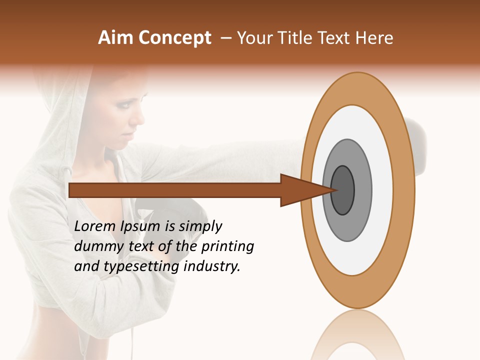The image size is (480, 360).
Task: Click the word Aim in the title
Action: pyautogui.click(x=116, y=38)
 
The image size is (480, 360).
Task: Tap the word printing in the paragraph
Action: pyautogui.click(x=227, y=246)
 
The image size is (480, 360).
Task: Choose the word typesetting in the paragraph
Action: pyautogui.click(x=142, y=266)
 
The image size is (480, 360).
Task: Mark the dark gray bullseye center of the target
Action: pyautogui.click(x=342, y=190)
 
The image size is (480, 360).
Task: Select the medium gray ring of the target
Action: pyautogui.click(x=362, y=190)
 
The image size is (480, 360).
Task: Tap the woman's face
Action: pyautogui.click(x=122, y=117)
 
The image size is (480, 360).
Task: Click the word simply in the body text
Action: pyautogui.click(x=200, y=226)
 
